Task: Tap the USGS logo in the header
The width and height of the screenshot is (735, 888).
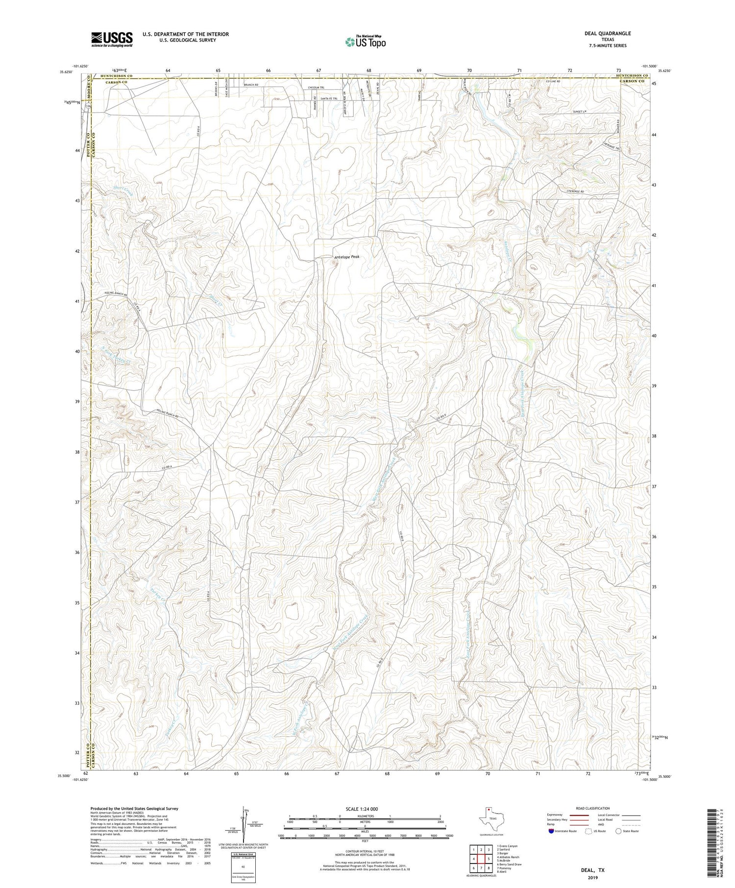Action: pos(112,39)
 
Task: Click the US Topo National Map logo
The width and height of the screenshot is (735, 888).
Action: pos(366,42)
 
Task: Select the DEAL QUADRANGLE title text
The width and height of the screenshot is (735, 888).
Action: pos(607,34)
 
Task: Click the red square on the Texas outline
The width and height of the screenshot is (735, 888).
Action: pos(489,810)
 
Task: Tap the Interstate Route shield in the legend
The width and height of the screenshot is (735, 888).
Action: pos(551,831)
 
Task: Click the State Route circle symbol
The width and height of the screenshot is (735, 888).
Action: pos(618,831)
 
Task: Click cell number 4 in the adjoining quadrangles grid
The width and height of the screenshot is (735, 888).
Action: pos(473,859)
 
